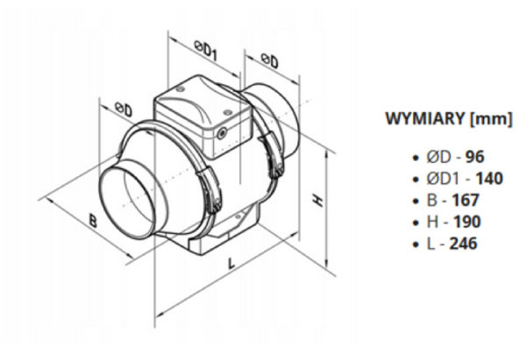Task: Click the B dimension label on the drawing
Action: pos(92,220)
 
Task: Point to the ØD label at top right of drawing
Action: pos(269,62)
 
